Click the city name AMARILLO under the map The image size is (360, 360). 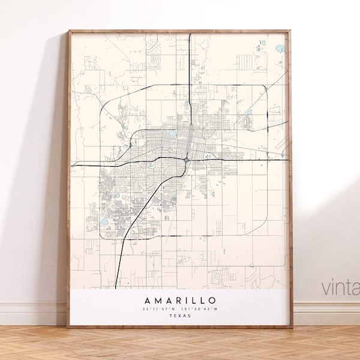click(x=180, y=300)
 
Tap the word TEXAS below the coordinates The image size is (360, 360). click(x=180, y=316)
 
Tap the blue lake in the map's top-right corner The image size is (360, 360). click(x=279, y=49)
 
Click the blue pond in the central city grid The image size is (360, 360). click(x=173, y=134)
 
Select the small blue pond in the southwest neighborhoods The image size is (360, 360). click(x=104, y=221)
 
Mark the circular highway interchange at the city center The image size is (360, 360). click(x=188, y=159)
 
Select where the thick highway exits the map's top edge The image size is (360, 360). click(x=190, y=34)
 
